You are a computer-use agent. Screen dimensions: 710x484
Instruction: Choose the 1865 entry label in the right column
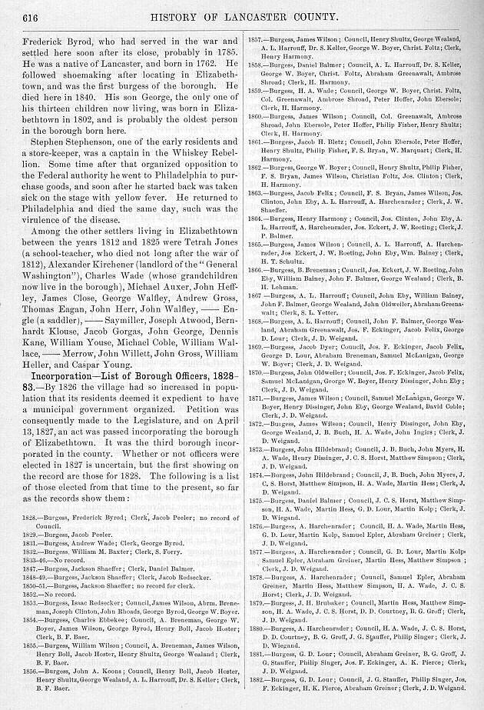tap(257, 242)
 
